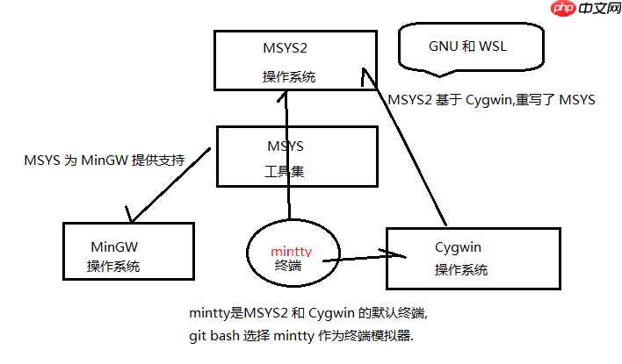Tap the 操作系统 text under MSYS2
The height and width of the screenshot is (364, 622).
click(289, 77)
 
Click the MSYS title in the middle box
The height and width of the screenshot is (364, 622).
click(286, 146)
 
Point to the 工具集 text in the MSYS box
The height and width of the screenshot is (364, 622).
click(285, 172)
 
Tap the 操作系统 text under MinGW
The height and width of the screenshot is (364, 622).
click(113, 266)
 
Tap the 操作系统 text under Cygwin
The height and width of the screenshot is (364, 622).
click(461, 270)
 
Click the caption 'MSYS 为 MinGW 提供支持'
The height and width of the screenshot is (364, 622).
click(105, 161)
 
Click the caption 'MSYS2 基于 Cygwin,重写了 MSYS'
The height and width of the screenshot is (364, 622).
click(491, 100)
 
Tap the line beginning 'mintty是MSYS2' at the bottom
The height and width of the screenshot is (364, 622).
click(308, 313)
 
